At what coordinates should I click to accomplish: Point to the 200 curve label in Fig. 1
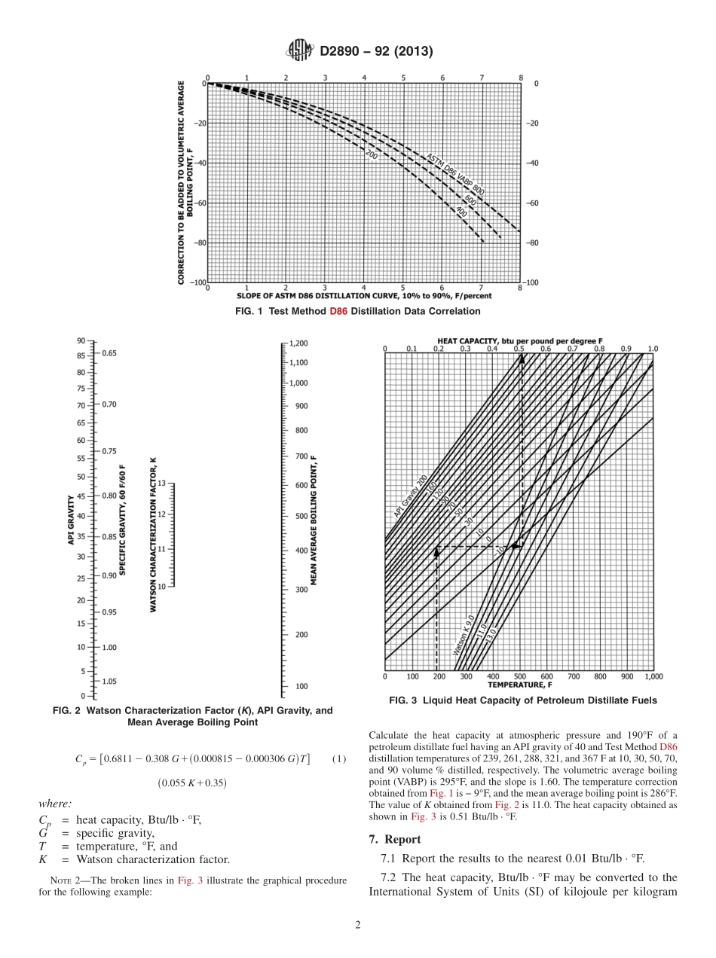click(371, 155)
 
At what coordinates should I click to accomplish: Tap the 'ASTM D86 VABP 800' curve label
click(455, 173)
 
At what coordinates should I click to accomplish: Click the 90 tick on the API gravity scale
click(81, 341)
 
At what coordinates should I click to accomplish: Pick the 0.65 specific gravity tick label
click(109, 352)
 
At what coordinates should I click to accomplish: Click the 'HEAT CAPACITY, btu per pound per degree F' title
click(519, 341)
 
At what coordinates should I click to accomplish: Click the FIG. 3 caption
click(522, 700)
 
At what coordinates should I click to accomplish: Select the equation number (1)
click(338, 758)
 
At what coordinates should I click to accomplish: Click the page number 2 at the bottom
click(358, 926)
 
